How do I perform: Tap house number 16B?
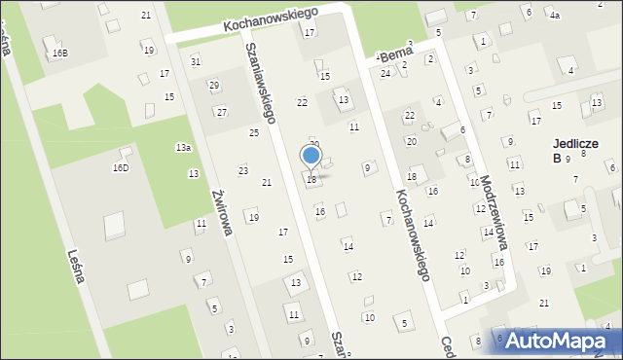point(60,52)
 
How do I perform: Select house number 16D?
point(120,167)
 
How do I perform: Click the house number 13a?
point(183,147)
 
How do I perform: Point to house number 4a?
point(555,16)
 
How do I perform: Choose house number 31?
point(196,61)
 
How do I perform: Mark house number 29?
point(213,86)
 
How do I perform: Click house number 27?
point(222,112)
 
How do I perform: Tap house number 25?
point(254,132)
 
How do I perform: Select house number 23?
point(242,170)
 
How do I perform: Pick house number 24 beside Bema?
point(385,73)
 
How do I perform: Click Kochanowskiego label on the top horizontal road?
point(258,21)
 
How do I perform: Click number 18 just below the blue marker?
point(311,179)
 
